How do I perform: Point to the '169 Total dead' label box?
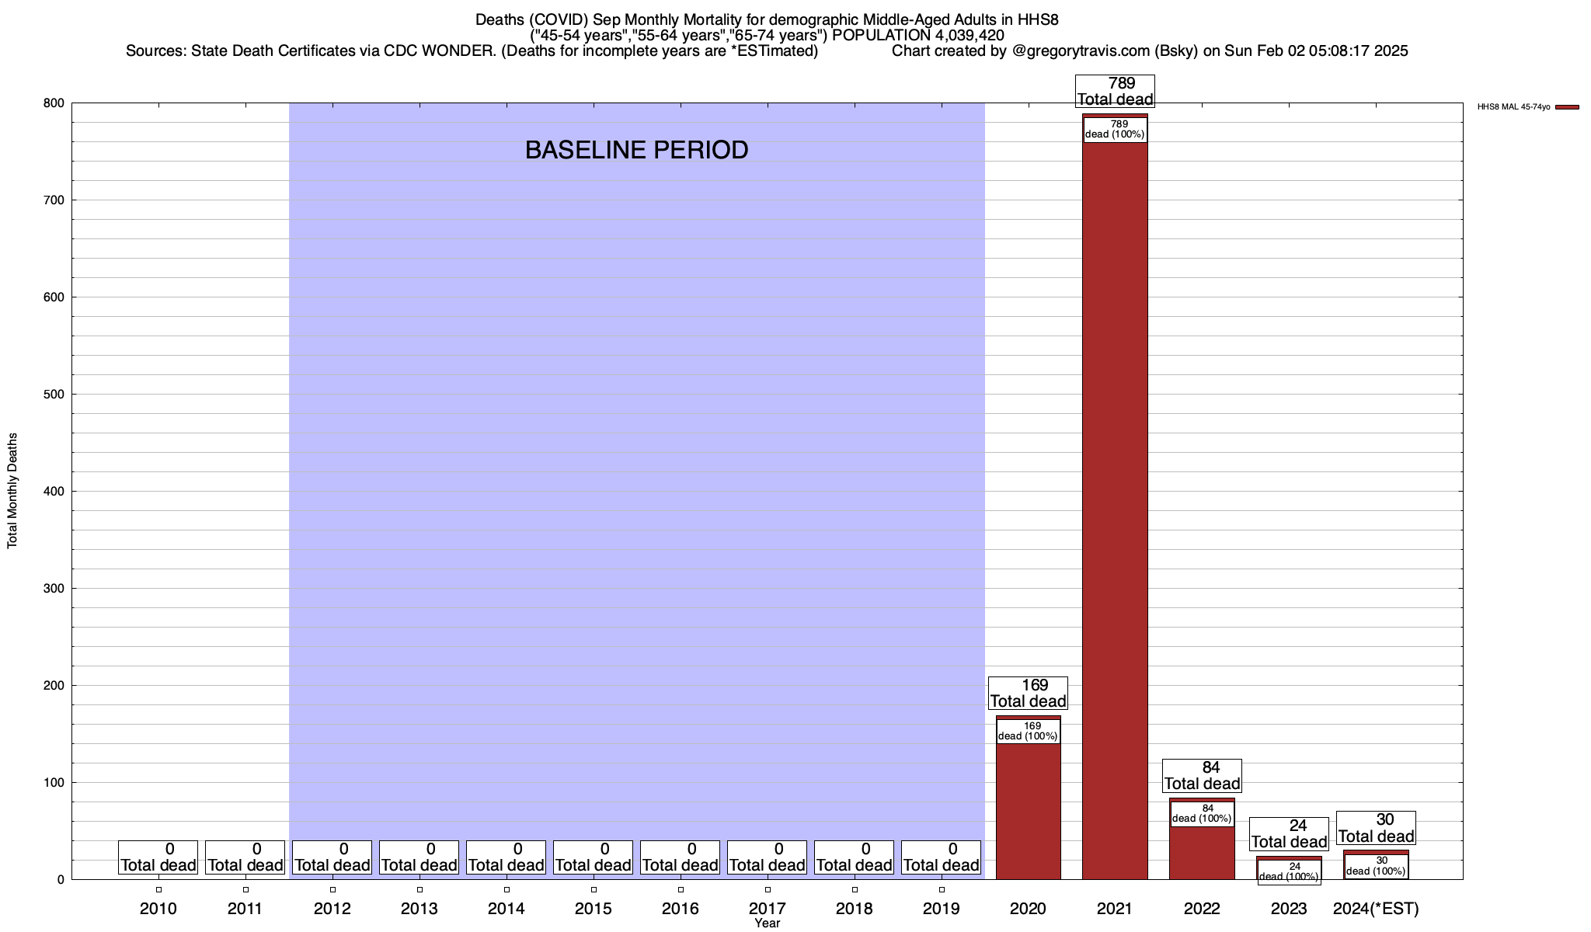click(1028, 694)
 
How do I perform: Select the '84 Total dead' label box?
click(1202, 776)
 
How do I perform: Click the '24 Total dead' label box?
click(1289, 834)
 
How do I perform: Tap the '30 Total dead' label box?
click(1376, 828)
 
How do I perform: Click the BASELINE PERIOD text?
click(636, 150)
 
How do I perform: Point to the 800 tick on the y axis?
click(54, 103)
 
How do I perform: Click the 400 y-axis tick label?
click(54, 492)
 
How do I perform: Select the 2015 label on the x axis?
click(594, 909)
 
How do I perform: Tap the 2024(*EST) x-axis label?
click(1376, 909)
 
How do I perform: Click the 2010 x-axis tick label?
click(158, 909)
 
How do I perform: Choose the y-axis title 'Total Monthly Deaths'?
click(12, 491)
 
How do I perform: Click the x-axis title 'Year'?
click(767, 923)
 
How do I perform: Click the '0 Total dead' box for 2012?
click(332, 857)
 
